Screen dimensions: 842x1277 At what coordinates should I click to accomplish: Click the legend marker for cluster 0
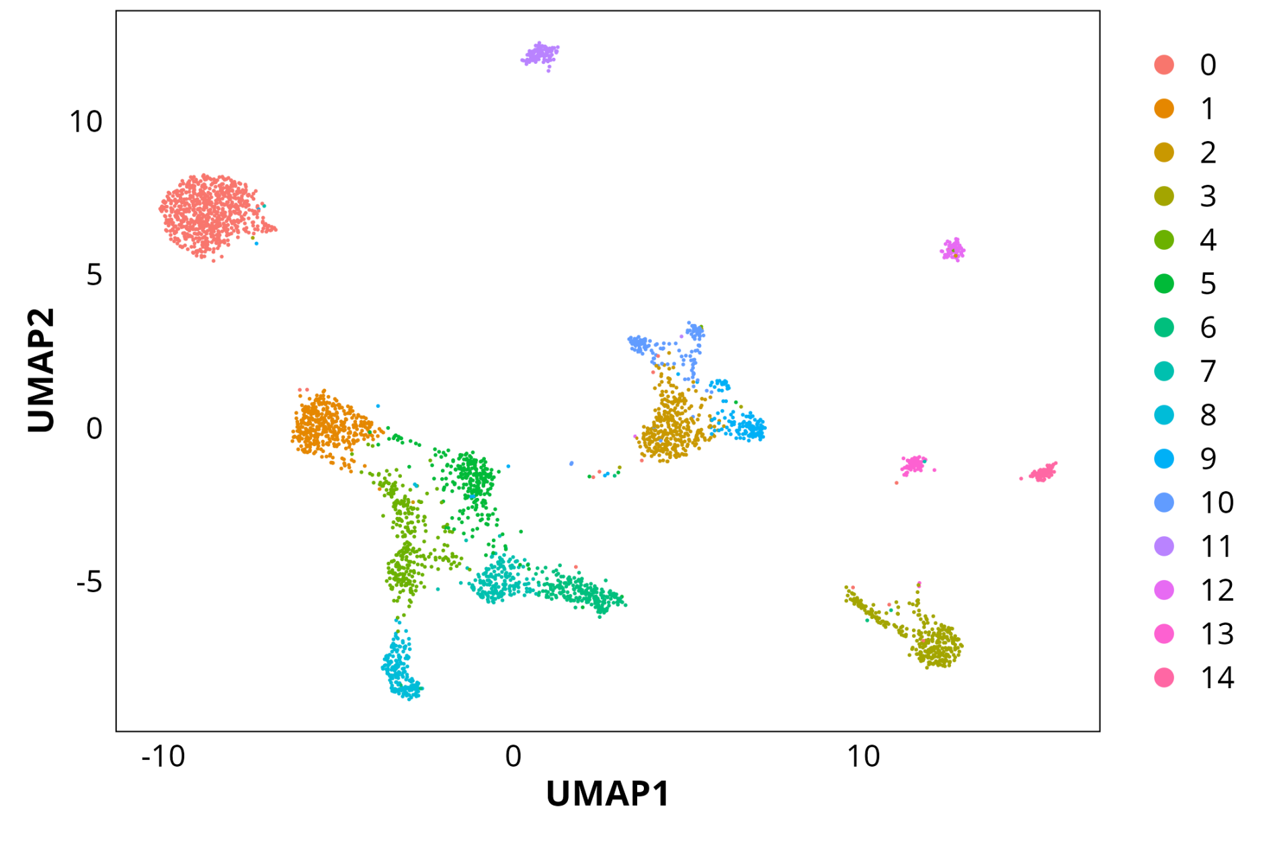tap(1164, 65)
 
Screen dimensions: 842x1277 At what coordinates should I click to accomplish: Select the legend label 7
tap(1208, 372)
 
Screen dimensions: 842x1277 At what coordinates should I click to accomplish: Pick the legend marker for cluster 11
tap(1164, 546)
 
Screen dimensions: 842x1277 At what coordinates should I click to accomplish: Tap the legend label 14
tap(1217, 678)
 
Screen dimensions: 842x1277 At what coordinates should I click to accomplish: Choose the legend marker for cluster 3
tap(1164, 196)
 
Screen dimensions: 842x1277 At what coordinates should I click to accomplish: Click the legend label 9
tap(1208, 459)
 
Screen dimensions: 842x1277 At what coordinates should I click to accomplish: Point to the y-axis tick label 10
tap(86, 122)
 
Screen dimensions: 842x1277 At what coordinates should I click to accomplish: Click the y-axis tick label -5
tap(89, 582)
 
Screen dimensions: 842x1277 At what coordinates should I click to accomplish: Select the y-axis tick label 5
tap(94, 276)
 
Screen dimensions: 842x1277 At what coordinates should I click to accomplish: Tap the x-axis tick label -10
tap(163, 757)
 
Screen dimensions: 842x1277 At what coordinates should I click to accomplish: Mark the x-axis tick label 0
tap(513, 757)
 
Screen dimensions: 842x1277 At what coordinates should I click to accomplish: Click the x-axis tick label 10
tap(863, 757)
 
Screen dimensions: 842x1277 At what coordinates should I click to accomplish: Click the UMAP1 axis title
tap(608, 794)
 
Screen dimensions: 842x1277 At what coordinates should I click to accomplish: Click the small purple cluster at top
tap(540, 54)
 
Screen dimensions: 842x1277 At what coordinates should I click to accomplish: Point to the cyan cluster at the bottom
tap(401, 669)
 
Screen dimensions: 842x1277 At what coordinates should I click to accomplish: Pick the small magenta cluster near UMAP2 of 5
tap(953, 250)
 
